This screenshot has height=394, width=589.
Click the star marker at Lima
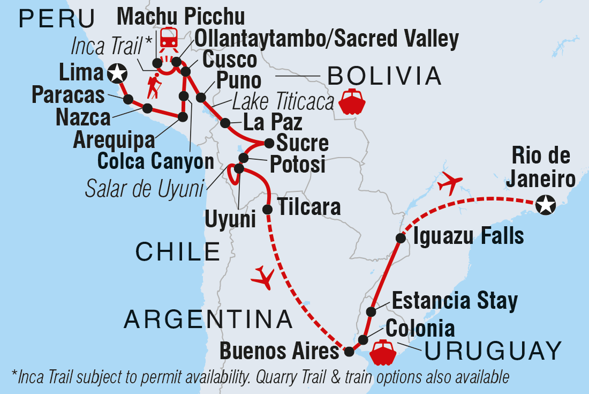tap(117, 73)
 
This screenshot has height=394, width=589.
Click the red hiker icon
tap(154, 86)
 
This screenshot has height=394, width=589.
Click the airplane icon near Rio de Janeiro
tap(449, 183)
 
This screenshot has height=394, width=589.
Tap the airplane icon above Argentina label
tap(262, 278)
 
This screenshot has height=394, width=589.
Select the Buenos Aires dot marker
tap(349, 352)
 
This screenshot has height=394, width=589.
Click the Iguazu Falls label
tap(467, 236)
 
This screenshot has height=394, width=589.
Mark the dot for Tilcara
tap(268, 209)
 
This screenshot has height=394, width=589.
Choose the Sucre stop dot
tap(269, 143)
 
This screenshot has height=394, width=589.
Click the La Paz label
tap(273, 122)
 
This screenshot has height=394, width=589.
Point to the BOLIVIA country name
tap(384, 77)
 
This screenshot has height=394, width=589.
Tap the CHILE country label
tap(178, 251)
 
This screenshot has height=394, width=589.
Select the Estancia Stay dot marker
tap(371, 311)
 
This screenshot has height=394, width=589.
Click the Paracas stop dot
tap(128, 99)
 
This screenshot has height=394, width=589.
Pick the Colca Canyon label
tap(155, 160)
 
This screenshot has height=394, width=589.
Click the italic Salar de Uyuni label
tap(146, 188)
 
